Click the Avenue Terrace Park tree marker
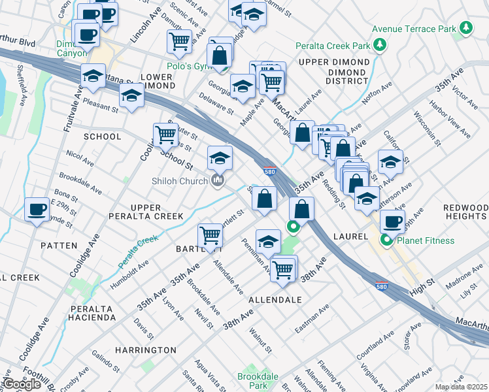coord(465,29)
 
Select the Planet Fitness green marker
coord(386,240)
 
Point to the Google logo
coord(22,384)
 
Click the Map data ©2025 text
coord(462,387)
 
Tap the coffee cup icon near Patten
coord(37,209)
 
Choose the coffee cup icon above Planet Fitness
coord(392,221)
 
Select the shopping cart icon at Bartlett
coord(211,234)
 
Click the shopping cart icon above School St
coord(166,135)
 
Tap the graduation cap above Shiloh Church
coord(220,157)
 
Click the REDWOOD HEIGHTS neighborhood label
coord(465,212)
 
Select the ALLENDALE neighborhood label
coord(275,299)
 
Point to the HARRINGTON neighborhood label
coord(145,350)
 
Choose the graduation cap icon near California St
coord(390,161)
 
